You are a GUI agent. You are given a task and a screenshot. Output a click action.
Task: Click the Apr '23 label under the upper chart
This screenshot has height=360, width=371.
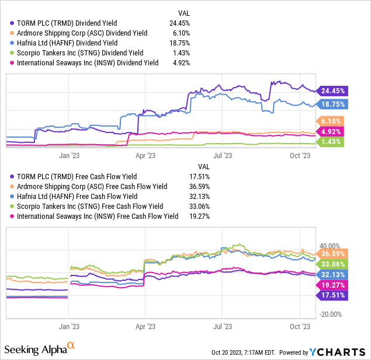point(145,155)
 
